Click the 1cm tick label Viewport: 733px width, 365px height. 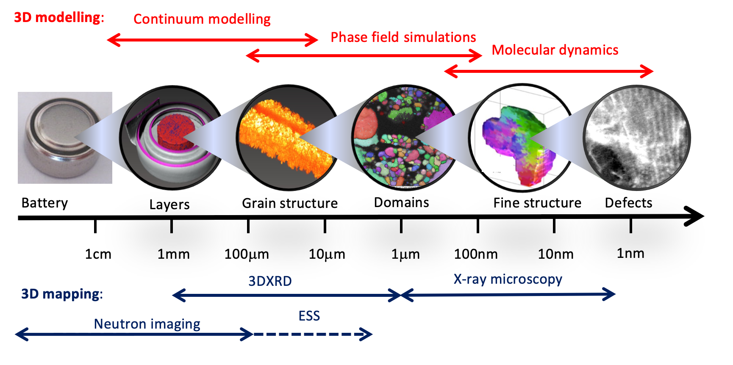point(98,254)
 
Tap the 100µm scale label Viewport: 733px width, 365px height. point(247,254)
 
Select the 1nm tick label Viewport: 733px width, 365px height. point(630,253)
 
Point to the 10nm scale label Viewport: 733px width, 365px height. point(555,254)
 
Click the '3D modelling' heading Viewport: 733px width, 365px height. point(59,17)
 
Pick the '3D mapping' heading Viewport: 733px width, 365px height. point(62,294)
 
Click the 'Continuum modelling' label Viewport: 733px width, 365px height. point(202,19)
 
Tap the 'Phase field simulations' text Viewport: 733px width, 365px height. point(403,37)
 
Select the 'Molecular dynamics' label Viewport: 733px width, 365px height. point(555,50)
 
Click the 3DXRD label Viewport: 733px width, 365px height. point(270,281)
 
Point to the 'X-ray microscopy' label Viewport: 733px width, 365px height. point(508,279)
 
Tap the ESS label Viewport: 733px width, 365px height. point(309,316)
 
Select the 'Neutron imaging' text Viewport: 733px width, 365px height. point(147,324)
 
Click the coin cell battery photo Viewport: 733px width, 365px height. point(65,138)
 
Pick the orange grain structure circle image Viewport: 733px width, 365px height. point(287,138)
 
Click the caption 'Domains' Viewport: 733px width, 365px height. point(401,202)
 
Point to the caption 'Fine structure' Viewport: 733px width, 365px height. point(537,203)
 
